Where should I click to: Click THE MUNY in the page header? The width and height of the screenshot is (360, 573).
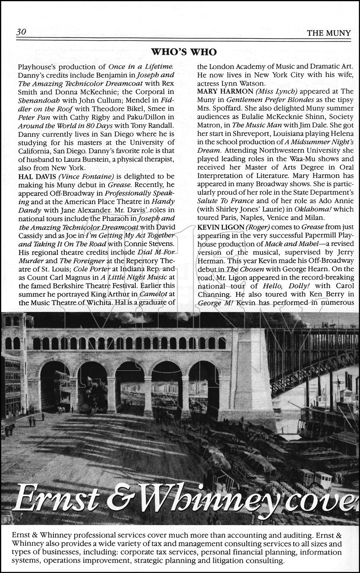coord(329,33)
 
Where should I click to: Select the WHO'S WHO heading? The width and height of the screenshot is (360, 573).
coord(184,52)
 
